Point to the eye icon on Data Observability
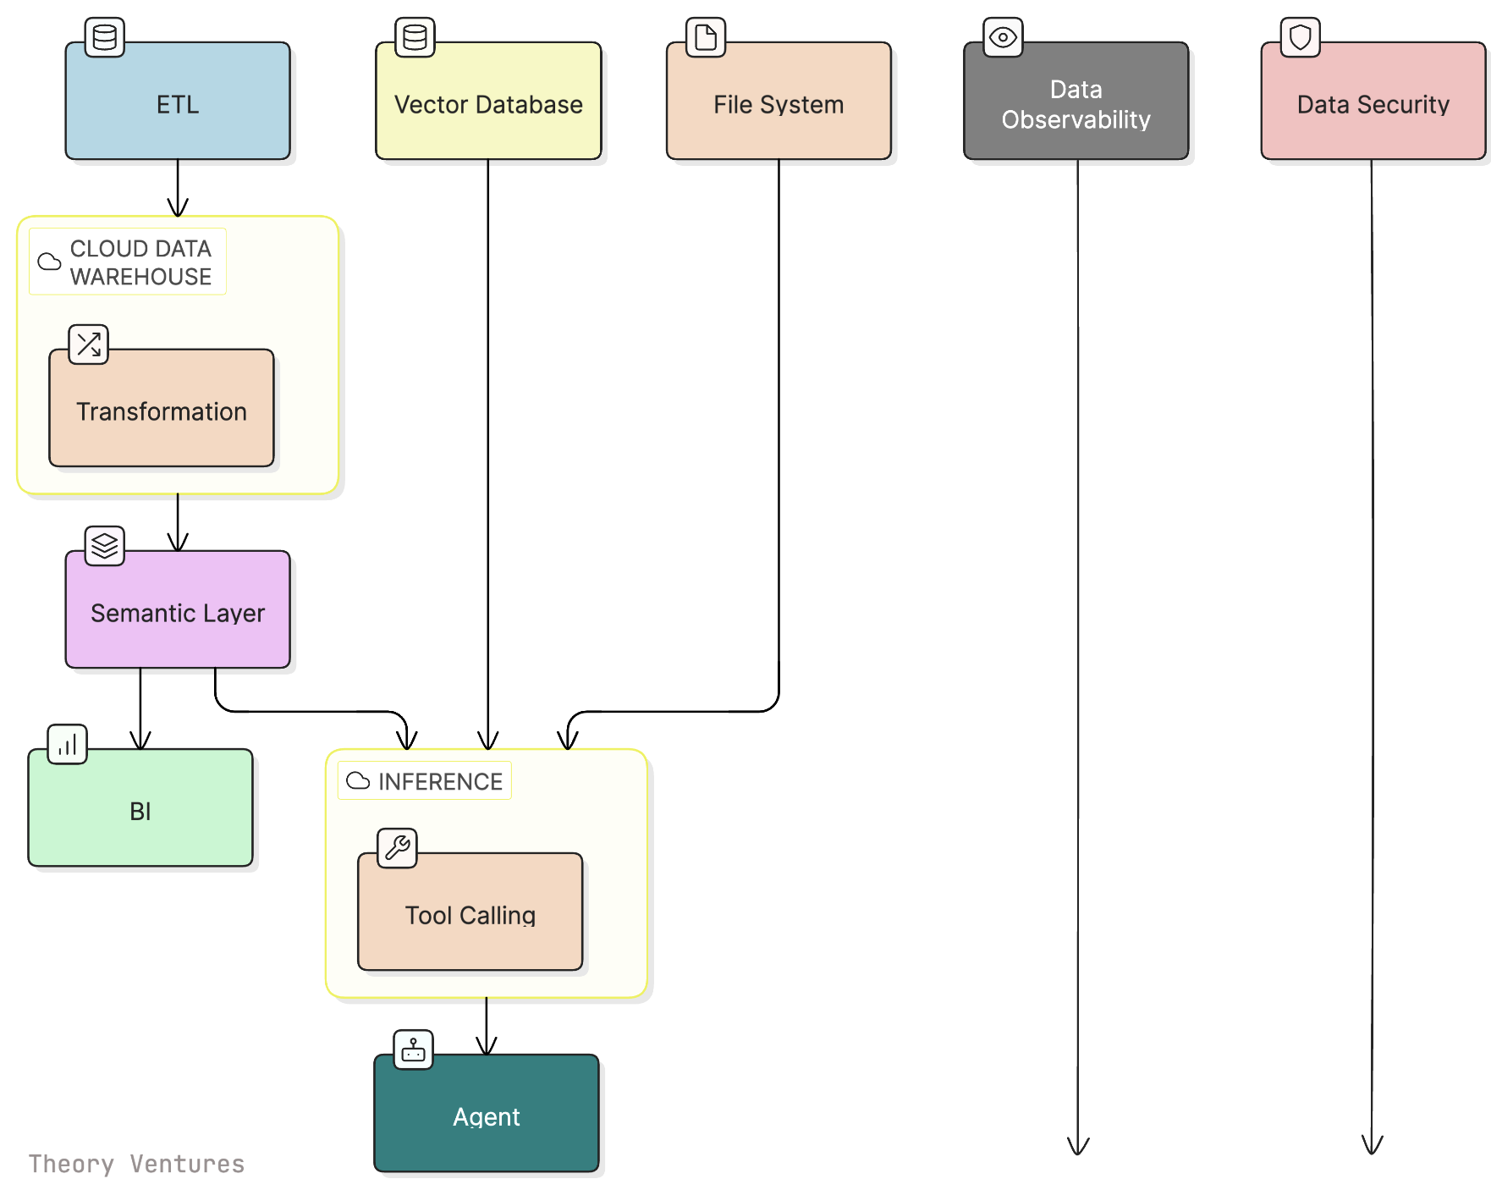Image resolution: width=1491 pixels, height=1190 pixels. [1003, 37]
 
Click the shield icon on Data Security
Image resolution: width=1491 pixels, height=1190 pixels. [1300, 37]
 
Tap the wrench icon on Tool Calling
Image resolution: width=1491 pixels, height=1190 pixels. [397, 847]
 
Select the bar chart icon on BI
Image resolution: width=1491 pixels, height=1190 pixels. [68, 744]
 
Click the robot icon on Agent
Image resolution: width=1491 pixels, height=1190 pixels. [413, 1050]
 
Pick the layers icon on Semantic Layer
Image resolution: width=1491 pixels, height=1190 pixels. [105, 545]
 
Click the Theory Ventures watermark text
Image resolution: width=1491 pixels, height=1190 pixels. [136, 1164]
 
